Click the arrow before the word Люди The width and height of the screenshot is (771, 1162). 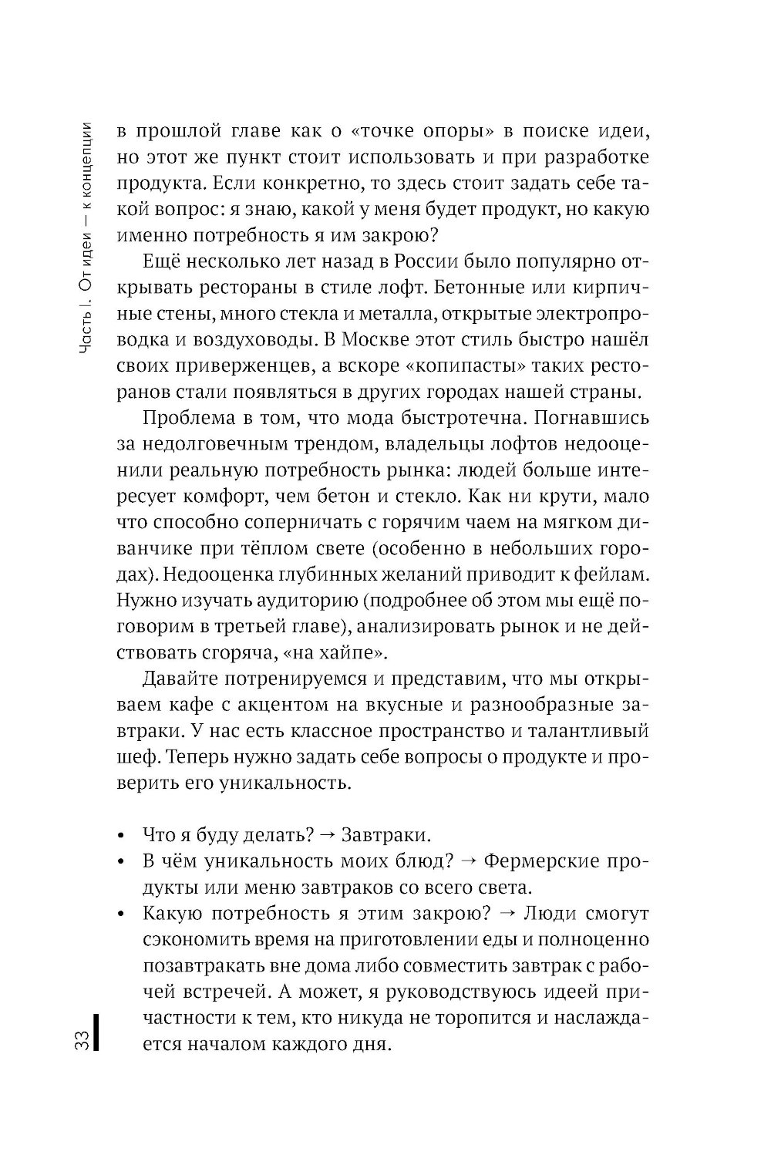tap(507, 914)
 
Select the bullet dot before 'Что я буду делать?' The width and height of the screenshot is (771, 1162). tap(121, 837)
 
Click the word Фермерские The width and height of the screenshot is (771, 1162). tap(543, 861)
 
